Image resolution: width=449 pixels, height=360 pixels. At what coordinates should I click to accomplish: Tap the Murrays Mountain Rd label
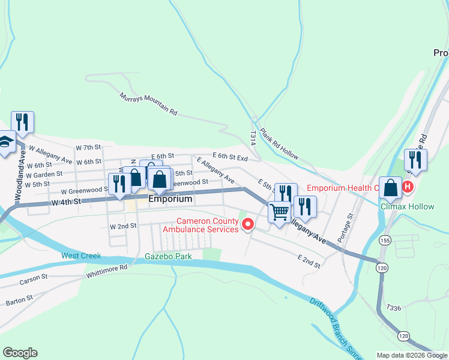148,104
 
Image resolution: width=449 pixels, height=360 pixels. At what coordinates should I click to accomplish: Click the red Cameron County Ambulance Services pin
247,224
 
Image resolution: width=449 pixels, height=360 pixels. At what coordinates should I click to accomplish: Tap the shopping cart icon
279,212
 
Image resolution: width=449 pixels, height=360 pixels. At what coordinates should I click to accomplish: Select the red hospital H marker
408,187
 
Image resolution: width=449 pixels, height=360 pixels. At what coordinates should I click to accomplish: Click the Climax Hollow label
407,206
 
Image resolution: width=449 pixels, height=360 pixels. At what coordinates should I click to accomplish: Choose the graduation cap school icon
5,143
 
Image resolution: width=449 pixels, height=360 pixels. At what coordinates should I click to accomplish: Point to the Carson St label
33,279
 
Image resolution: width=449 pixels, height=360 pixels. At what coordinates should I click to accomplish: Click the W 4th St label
66,202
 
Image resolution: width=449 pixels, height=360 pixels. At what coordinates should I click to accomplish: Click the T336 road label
393,308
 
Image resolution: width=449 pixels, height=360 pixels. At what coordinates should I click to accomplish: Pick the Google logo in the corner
20,353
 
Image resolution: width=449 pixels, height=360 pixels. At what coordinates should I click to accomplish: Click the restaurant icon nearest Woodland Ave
22,122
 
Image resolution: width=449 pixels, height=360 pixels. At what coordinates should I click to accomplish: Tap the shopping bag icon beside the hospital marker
390,188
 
